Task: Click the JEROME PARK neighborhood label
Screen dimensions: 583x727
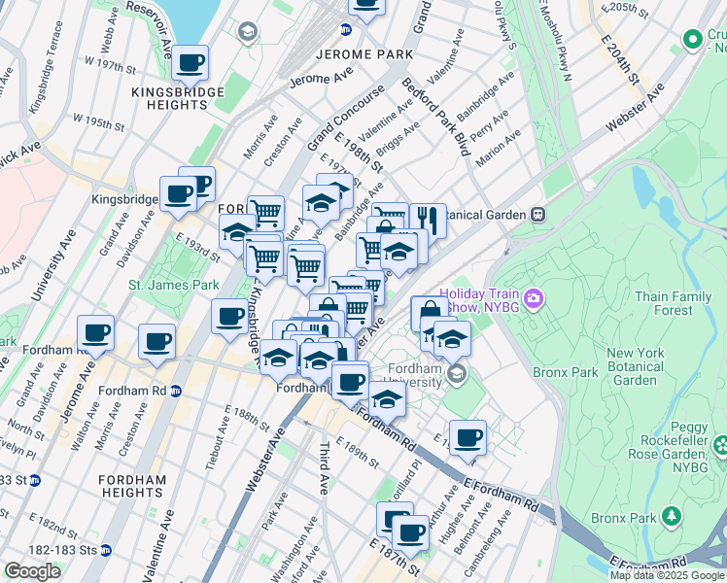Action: pos(352,54)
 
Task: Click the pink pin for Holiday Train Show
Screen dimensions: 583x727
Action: pos(532,296)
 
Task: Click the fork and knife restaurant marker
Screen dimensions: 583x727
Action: pos(427,219)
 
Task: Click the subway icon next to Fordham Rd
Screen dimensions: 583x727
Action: pos(176,392)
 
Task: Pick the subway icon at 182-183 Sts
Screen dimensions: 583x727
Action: pos(106,550)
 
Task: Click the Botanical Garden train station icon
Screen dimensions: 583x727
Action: pos(536,214)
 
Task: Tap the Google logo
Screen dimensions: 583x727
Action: pos(32,570)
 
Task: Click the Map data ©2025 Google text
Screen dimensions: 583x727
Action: pos(667,575)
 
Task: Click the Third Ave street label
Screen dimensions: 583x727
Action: pos(325,467)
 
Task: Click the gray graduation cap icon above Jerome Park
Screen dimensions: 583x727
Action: pos(249,33)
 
